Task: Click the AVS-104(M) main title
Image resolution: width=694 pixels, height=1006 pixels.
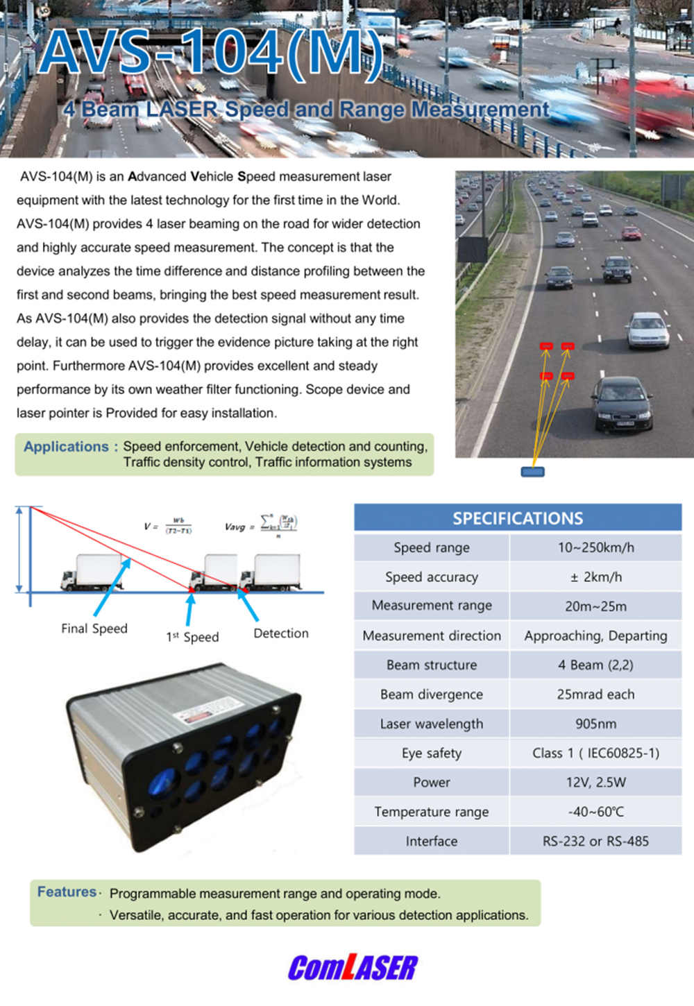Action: pyautogui.click(x=212, y=54)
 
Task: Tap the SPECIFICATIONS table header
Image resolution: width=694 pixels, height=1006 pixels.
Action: pyautogui.click(x=518, y=518)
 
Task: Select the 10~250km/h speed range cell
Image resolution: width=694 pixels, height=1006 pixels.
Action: pyautogui.click(x=595, y=547)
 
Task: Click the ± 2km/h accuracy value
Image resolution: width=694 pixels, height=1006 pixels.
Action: pyautogui.click(x=595, y=577)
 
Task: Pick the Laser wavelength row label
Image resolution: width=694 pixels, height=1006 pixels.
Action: pyautogui.click(x=431, y=724)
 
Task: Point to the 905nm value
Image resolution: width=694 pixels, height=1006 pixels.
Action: pyautogui.click(x=595, y=724)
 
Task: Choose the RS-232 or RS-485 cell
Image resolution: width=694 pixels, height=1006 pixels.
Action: pyautogui.click(x=595, y=841)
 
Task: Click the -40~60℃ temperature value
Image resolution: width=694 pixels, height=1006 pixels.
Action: pyautogui.click(x=595, y=812)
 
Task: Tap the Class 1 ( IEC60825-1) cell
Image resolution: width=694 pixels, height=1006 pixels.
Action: pyautogui.click(x=595, y=753)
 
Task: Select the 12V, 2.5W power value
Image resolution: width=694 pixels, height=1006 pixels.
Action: pyautogui.click(x=595, y=782)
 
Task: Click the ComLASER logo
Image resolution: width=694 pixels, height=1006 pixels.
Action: pyautogui.click(x=353, y=968)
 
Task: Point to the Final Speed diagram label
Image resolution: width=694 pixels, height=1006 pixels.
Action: pyautogui.click(x=94, y=629)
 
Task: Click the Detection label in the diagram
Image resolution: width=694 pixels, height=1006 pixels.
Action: pyautogui.click(x=281, y=633)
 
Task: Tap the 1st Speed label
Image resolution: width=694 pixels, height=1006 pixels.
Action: pyautogui.click(x=192, y=637)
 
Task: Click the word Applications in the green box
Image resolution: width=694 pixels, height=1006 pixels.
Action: pyautogui.click(x=66, y=447)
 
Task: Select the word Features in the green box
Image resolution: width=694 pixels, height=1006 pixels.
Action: pyautogui.click(x=67, y=892)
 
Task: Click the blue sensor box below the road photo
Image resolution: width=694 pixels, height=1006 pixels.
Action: pyautogui.click(x=532, y=472)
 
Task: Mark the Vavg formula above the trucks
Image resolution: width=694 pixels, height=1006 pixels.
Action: pyautogui.click(x=261, y=525)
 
